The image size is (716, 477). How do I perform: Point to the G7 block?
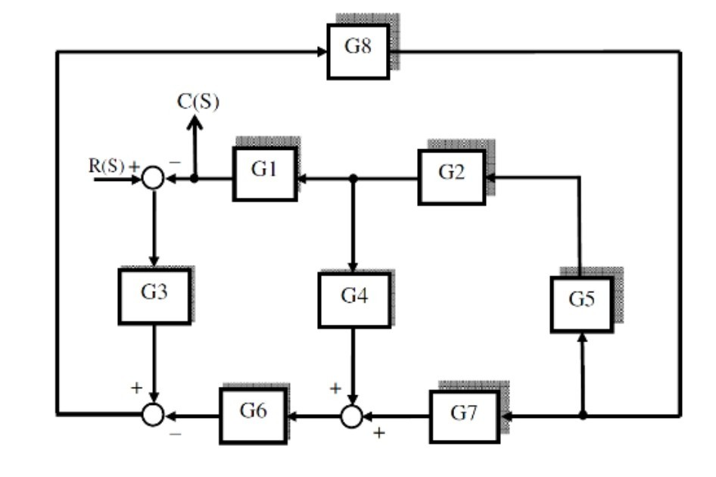pyautogui.click(x=464, y=416)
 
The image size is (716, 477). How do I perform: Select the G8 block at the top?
pyautogui.click(x=358, y=50)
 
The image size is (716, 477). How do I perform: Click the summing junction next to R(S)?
pyautogui.click(x=153, y=179)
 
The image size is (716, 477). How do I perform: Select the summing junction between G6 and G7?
pyautogui.click(x=351, y=416)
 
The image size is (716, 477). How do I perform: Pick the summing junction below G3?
pyautogui.click(x=153, y=415)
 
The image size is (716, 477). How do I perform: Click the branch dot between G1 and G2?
pyautogui.click(x=353, y=179)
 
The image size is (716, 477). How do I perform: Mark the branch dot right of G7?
pyautogui.click(x=582, y=415)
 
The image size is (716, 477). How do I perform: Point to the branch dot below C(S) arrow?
pyautogui.click(x=195, y=179)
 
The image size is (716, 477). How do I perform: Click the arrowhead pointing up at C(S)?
pyautogui.click(x=195, y=121)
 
